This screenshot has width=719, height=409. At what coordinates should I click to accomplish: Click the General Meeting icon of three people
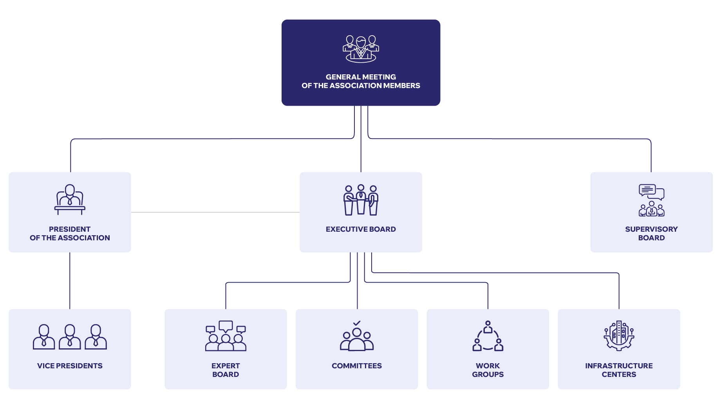point(361,49)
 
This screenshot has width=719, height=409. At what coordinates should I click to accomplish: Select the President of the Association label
point(70,233)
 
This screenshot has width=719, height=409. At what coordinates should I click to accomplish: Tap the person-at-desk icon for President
point(70,200)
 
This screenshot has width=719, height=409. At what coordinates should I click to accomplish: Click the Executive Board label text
point(361,229)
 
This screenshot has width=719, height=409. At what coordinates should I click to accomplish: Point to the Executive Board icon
point(361,200)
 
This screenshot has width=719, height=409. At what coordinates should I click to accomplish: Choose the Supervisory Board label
point(651,233)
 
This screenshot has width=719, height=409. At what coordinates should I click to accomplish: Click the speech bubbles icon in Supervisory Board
point(652,192)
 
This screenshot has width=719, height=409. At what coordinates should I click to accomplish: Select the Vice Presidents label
point(70,366)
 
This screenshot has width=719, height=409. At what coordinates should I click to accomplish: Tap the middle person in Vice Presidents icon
point(70,337)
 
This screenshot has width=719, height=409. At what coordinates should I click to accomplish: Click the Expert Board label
point(226,370)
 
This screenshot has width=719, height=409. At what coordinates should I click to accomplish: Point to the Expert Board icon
point(226,336)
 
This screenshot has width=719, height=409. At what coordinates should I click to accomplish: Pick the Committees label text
point(357,366)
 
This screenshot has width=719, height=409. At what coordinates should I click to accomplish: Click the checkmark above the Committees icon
point(357,323)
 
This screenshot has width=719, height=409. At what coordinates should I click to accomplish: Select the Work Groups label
point(488,370)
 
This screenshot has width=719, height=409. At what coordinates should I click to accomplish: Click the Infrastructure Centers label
point(619,370)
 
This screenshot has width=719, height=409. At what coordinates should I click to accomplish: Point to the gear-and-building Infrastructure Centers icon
point(619,336)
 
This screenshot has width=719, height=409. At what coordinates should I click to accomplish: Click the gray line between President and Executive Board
point(215,213)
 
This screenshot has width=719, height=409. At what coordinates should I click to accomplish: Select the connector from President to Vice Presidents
point(70,281)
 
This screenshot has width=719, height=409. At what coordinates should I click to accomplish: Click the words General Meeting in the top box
point(361,77)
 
